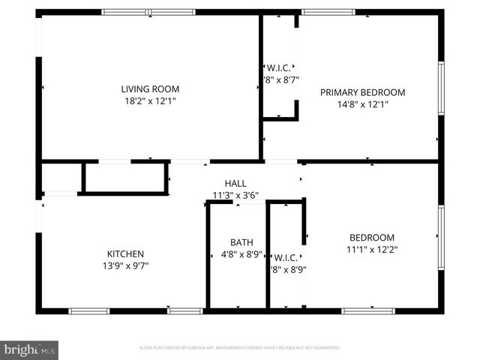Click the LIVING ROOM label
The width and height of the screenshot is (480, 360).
(151, 89)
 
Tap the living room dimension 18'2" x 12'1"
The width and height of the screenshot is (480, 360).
(151, 100)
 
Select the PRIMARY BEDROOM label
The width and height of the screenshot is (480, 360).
(362, 92)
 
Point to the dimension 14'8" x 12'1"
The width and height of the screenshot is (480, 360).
(362, 104)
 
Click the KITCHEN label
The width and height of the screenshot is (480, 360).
(125, 253)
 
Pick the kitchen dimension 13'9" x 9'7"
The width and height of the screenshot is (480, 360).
(125, 265)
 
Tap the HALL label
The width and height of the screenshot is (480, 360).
(235, 183)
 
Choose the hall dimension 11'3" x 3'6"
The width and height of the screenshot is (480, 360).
(235, 195)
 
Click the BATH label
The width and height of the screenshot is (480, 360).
(241, 242)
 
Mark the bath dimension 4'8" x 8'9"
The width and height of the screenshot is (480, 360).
(241, 254)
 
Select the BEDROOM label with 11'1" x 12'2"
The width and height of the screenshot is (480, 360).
(370, 238)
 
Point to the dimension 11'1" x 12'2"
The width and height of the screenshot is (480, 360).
(370, 250)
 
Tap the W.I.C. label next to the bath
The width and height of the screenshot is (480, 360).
(286, 257)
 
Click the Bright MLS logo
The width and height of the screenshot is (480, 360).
(30, 349)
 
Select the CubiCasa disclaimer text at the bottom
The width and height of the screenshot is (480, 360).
(240, 348)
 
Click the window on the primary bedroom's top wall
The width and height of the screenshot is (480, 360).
(328, 12)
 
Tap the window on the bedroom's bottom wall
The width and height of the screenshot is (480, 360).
(368, 310)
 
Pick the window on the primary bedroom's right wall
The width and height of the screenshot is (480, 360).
(442, 88)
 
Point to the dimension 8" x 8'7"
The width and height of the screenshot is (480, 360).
(280, 79)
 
